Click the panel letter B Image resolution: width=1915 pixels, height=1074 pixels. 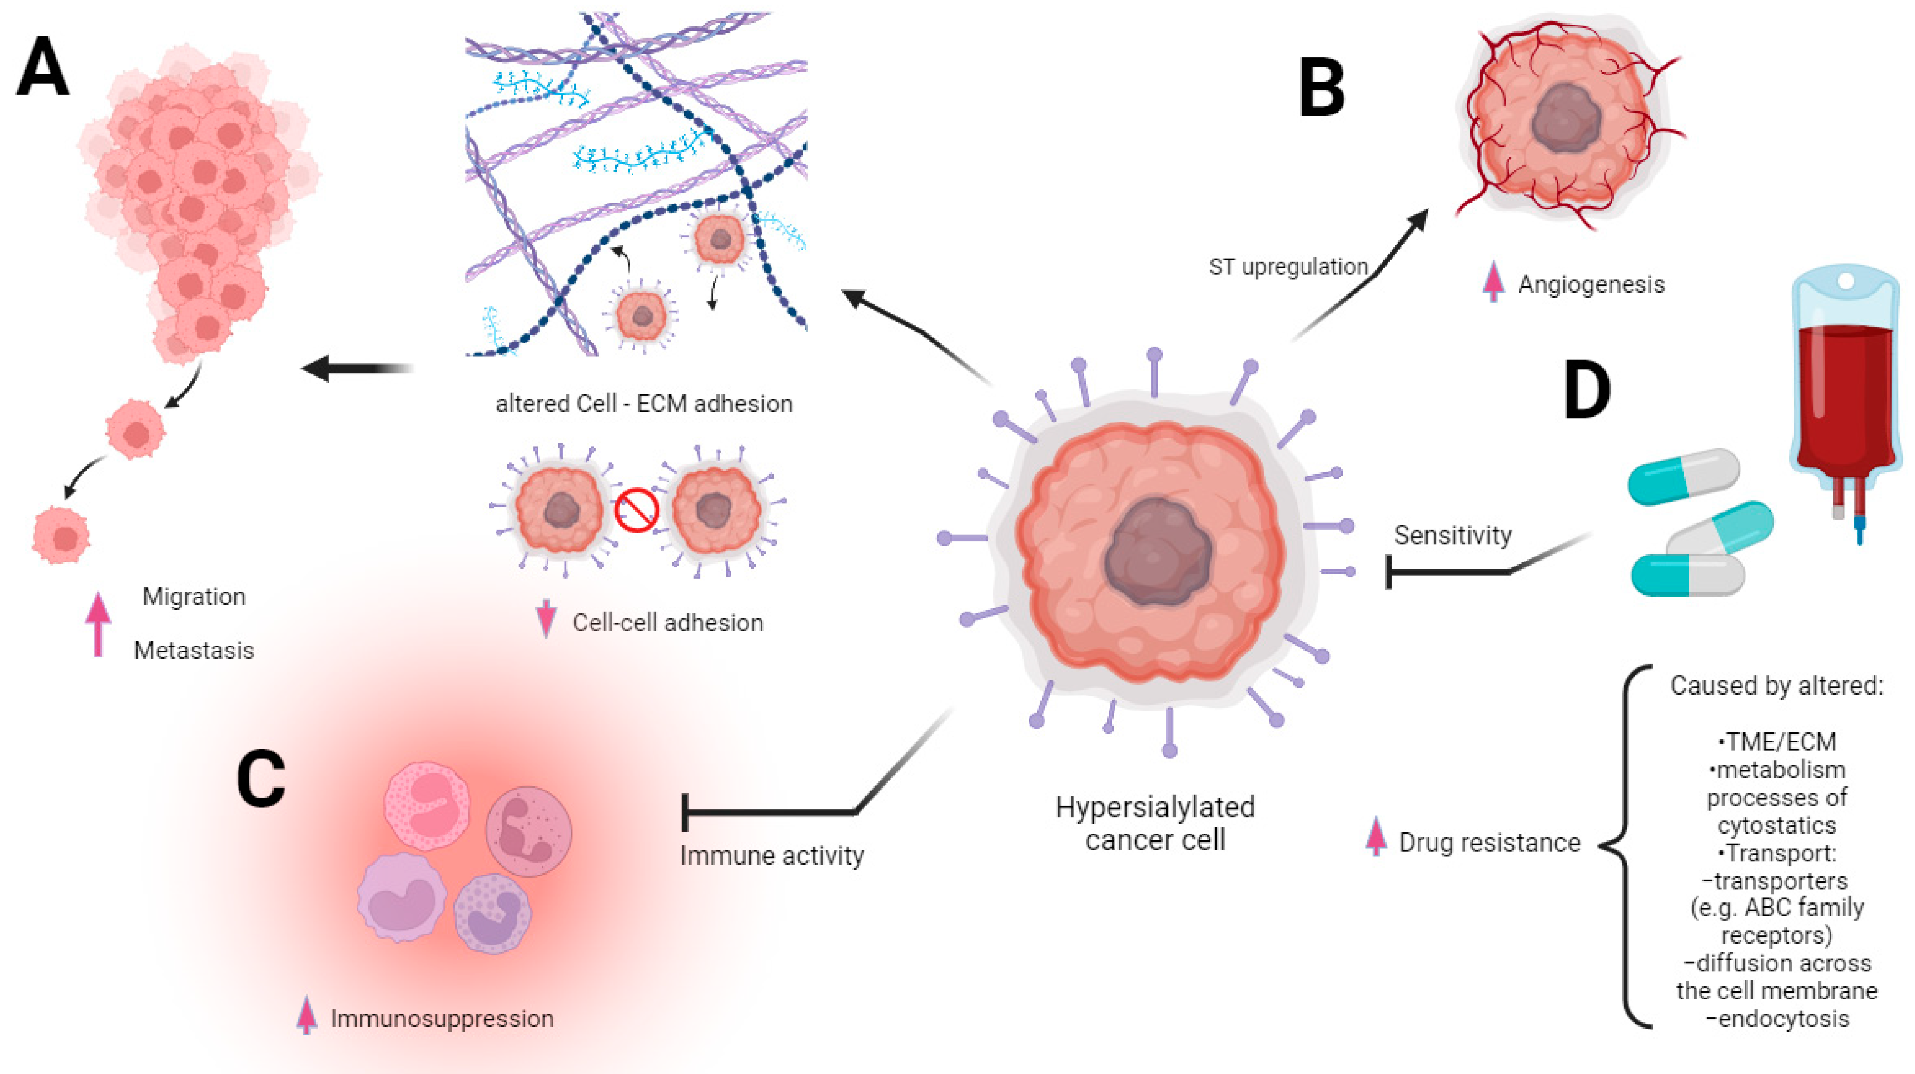click(1322, 89)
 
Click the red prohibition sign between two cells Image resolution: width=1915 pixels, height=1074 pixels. click(637, 510)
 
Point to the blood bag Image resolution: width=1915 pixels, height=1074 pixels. click(1845, 387)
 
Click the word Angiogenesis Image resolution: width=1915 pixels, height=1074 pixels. click(1591, 285)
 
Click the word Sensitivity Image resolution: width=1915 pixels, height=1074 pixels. click(1452, 535)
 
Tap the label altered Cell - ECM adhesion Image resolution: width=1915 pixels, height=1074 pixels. click(644, 403)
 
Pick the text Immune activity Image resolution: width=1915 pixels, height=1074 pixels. click(771, 855)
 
